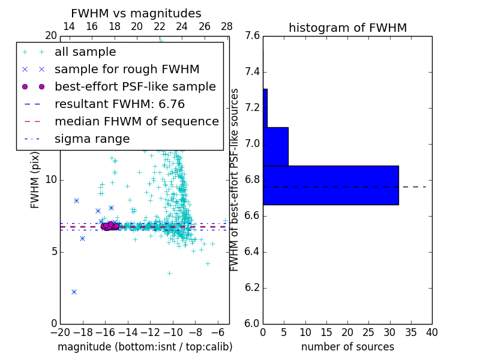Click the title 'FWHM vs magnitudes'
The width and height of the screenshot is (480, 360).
(136, 14)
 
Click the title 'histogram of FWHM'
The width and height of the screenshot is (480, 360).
(347, 28)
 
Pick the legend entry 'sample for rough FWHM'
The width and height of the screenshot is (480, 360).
(127, 70)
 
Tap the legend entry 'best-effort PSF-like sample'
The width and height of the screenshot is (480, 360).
(135, 87)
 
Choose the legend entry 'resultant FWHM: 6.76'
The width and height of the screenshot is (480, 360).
(127, 104)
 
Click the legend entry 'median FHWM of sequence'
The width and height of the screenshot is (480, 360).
(136, 122)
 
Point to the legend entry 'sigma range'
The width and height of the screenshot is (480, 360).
(92, 139)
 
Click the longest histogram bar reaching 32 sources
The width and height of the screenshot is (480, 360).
(331, 185)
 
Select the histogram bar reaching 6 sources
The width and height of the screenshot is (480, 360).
(275, 146)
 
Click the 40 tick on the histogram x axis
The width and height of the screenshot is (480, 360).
(431, 332)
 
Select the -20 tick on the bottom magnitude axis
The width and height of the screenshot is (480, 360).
(60, 332)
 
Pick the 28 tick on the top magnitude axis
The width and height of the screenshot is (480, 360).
(227, 27)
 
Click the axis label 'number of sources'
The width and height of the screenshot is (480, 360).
(347, 347)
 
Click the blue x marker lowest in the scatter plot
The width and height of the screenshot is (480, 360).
(74, 292)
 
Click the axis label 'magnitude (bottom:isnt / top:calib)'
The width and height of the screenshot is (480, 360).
(145, 347)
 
